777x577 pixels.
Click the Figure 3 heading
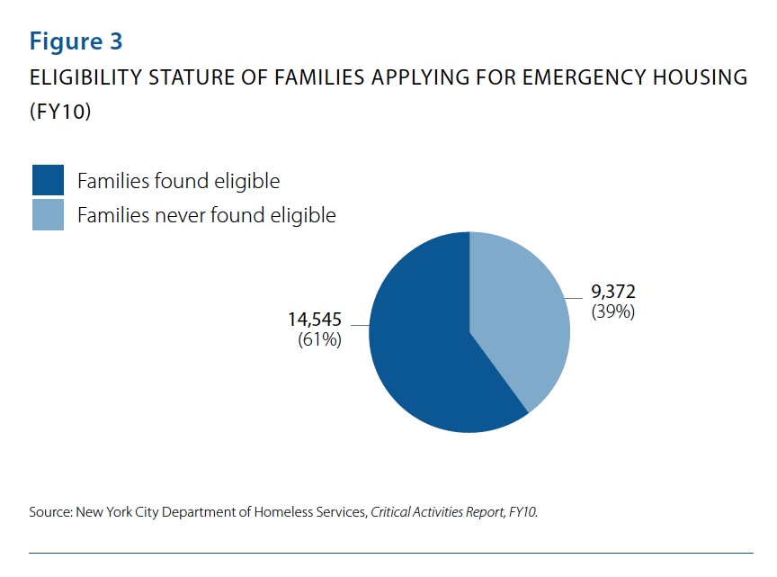76,41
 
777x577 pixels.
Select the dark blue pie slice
423,351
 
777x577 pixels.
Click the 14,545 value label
315,320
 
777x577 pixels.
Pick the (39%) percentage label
613,312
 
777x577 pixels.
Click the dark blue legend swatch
48,180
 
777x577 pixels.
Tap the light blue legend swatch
48,215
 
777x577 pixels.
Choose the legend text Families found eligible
178,181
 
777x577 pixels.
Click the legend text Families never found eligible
206,216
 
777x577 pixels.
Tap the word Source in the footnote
49,512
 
